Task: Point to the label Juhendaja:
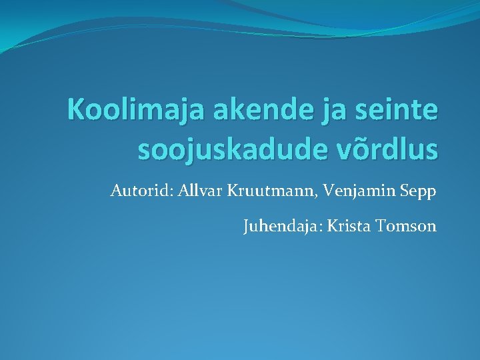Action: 282,227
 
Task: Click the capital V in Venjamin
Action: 329,192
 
